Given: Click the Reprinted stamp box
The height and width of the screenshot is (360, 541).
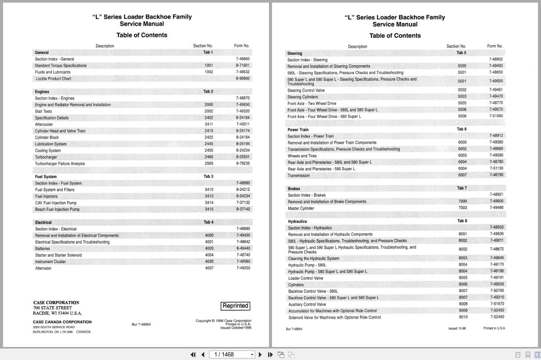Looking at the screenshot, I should point(235,306).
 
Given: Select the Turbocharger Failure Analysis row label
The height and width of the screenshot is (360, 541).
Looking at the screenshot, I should point(60,164).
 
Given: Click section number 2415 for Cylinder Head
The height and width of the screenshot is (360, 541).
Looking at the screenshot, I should point(209,131).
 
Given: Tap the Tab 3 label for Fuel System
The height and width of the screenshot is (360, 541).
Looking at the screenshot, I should point(208,177).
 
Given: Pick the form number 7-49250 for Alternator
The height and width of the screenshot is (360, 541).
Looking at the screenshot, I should point(243,268).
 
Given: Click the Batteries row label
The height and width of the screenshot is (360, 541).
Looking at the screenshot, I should point(43,249).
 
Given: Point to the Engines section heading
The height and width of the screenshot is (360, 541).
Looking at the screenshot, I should point(42,92).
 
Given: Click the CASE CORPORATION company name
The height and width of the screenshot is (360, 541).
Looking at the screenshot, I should point(56,303).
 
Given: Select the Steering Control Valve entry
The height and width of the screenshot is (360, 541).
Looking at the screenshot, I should point(306,90).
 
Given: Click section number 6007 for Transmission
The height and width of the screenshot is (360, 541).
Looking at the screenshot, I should point(462,175).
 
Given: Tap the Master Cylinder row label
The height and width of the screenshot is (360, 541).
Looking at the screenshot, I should point(301,208).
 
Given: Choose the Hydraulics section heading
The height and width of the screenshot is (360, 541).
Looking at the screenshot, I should point(298,221).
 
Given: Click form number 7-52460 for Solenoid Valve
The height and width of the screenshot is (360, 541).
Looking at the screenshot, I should point(497,317).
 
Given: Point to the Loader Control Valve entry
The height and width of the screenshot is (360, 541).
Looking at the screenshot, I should point(305,278).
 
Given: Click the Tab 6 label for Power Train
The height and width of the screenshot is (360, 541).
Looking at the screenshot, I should point(461,129).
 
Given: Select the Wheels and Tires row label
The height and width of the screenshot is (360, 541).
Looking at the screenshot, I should point(302,156).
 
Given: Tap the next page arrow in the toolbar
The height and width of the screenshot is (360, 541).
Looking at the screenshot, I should point(260,354).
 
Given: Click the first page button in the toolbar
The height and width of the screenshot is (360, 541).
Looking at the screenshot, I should point(193,354).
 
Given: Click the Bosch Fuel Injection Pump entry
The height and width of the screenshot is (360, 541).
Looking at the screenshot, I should point(57,210).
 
